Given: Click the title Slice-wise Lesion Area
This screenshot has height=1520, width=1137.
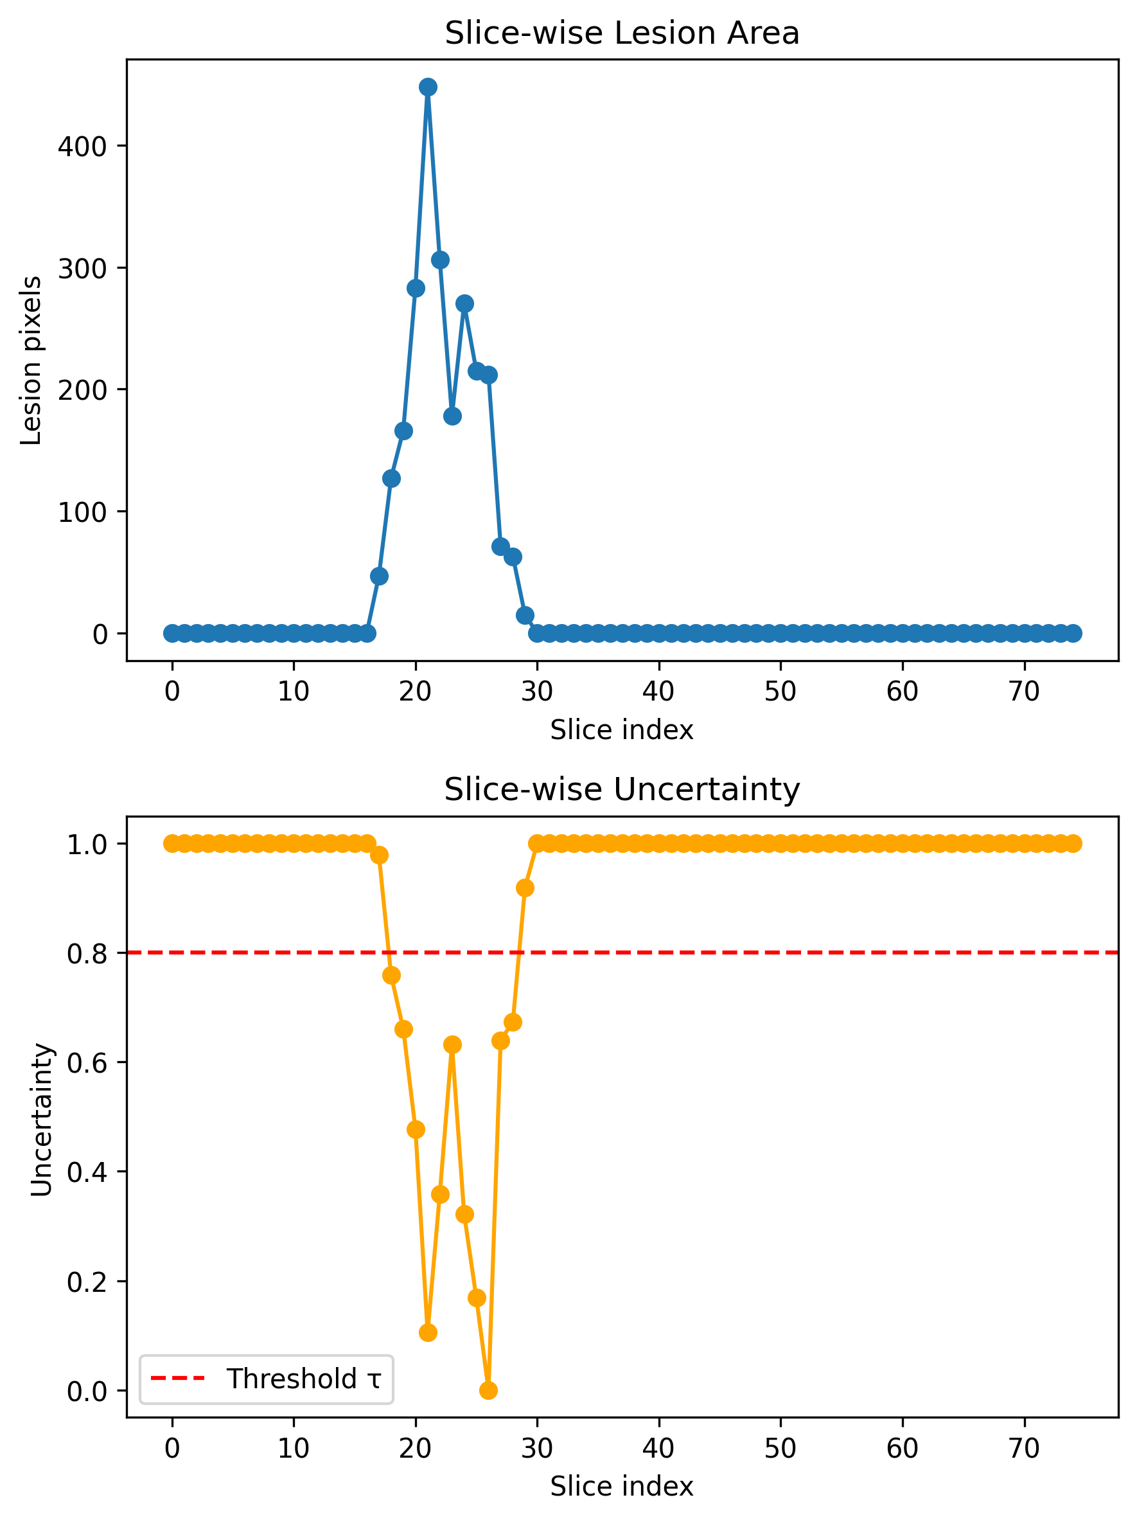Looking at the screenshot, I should [622, 33].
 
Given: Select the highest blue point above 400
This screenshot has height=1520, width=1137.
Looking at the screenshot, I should [428, 87].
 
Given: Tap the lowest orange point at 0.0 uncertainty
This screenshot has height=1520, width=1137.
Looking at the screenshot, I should [488, 1390].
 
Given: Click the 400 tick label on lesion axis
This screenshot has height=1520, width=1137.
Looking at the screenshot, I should [82, 147].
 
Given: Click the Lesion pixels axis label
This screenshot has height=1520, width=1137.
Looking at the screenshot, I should [31, 360].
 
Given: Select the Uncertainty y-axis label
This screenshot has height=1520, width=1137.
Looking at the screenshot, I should [41, 1120].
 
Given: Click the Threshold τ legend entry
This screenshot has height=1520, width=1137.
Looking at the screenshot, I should [303, 1379].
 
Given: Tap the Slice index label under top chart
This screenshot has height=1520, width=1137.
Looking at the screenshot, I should [622, 729].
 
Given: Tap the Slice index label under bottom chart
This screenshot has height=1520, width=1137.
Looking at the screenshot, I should [622, 1486].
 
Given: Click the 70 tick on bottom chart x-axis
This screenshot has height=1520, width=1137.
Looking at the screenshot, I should [1024, 1449].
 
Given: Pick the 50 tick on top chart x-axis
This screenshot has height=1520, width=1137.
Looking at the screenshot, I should [780, 692].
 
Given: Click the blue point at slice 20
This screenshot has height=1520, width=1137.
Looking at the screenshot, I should [416, 288].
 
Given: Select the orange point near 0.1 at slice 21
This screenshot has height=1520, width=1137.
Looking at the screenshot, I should [428, 1332].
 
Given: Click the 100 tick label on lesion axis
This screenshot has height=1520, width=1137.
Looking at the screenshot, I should [82, 512].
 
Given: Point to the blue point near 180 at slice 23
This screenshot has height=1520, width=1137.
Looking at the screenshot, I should [452, 416].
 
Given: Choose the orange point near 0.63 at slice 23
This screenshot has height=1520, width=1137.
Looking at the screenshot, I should [452, 1044].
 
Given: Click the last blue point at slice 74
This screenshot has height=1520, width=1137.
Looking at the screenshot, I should [1074, 633].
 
